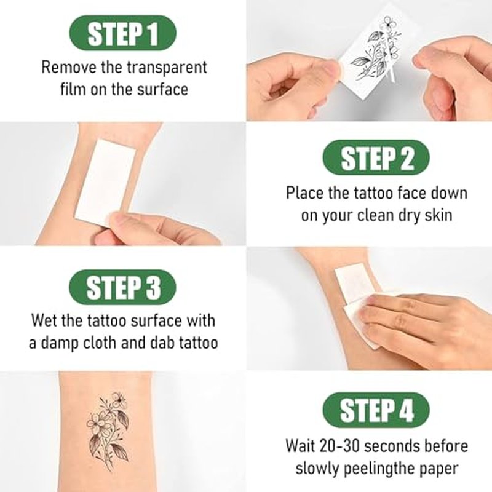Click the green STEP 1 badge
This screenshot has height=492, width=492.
pyautogui.click(x=122, y=33)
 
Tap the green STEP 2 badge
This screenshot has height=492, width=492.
pyautogui.click(x=376, y=157)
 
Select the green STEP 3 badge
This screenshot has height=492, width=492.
pyautogui.click(x=122, y=287)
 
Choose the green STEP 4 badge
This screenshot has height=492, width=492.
pyautogui.click(x=376, y=410)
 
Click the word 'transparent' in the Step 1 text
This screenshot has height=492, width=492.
pyautogui.click(x=167, y=68)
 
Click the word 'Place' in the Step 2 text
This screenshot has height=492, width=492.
pyautogui.click(x=304, y=192)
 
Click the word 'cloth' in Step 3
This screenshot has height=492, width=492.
pyautogui.click(x=100, y=343)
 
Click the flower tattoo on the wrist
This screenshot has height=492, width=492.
pyautogui.click(x=108, y=433)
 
